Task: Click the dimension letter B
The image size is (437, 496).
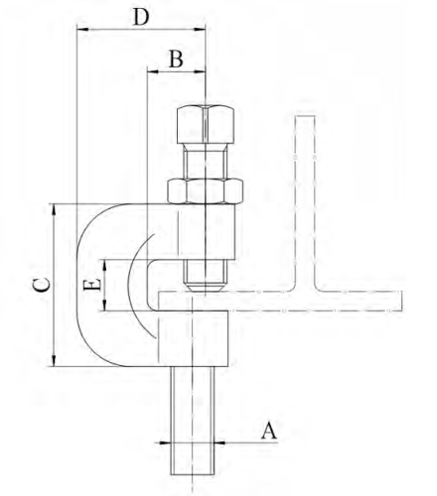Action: pyautogui.click(x=175, y=59)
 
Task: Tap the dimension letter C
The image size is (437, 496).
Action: pyautogui.click(x=38, y=286)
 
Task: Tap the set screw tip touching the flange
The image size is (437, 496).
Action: pyautogui.click(x=206, y=286)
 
